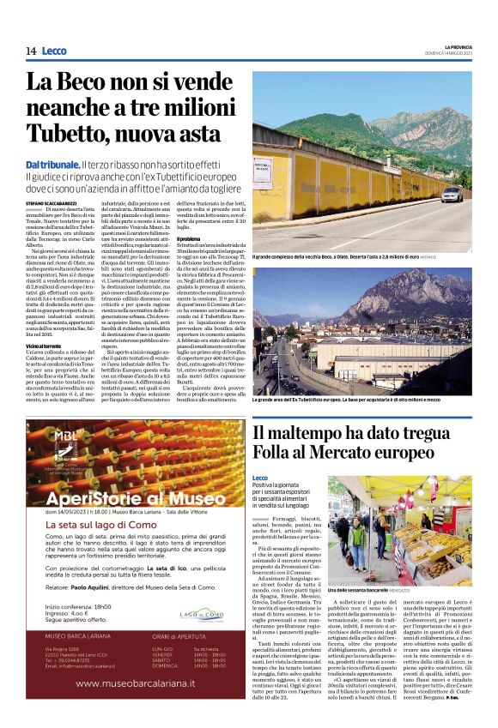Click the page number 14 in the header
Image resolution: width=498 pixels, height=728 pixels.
31,51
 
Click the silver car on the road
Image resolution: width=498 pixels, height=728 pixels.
454,195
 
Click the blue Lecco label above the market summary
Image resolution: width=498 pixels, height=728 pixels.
260,477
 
